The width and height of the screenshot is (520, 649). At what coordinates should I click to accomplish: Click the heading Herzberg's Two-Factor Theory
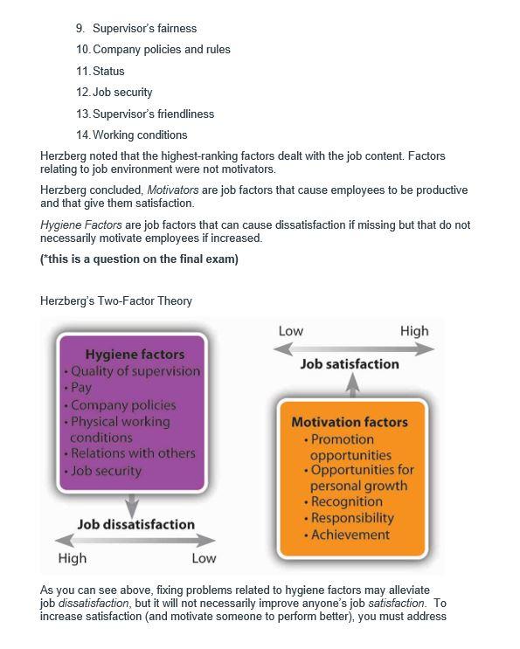click(x=116, y=300)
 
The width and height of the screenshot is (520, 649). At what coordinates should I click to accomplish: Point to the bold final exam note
click(x=139, y=259)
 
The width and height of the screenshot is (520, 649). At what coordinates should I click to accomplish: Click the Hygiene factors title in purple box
click(x=135, y=354)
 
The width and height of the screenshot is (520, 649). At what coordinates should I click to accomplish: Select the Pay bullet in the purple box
click(x=81, y=387)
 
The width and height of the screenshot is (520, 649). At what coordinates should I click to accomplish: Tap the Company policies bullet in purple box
click(x=123, y=404)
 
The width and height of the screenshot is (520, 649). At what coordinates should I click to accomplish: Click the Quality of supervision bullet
click(x=135, y=370)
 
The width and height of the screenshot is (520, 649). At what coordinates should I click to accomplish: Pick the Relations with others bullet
click(x=133, y=452)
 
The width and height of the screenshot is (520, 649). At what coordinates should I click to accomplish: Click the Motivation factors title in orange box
click(x=350, y=422)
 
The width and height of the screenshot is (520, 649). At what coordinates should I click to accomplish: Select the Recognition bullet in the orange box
click(x=346, y=501)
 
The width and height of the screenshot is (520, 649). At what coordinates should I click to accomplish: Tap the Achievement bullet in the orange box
click(x=350, y=535)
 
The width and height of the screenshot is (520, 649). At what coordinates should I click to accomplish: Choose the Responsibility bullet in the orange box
click(x=352, y=518)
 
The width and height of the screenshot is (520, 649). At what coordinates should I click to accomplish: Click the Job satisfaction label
click(x=350, y=363)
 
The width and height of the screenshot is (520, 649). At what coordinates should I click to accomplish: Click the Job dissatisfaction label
click(x=135, y=524)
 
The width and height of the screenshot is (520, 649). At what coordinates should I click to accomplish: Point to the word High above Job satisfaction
click(x=414, y=331)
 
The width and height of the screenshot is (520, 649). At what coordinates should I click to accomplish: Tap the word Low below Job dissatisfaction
click(x=203, y=558)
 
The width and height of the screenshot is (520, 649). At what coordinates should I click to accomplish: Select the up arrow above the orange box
click(x=352, y=385)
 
